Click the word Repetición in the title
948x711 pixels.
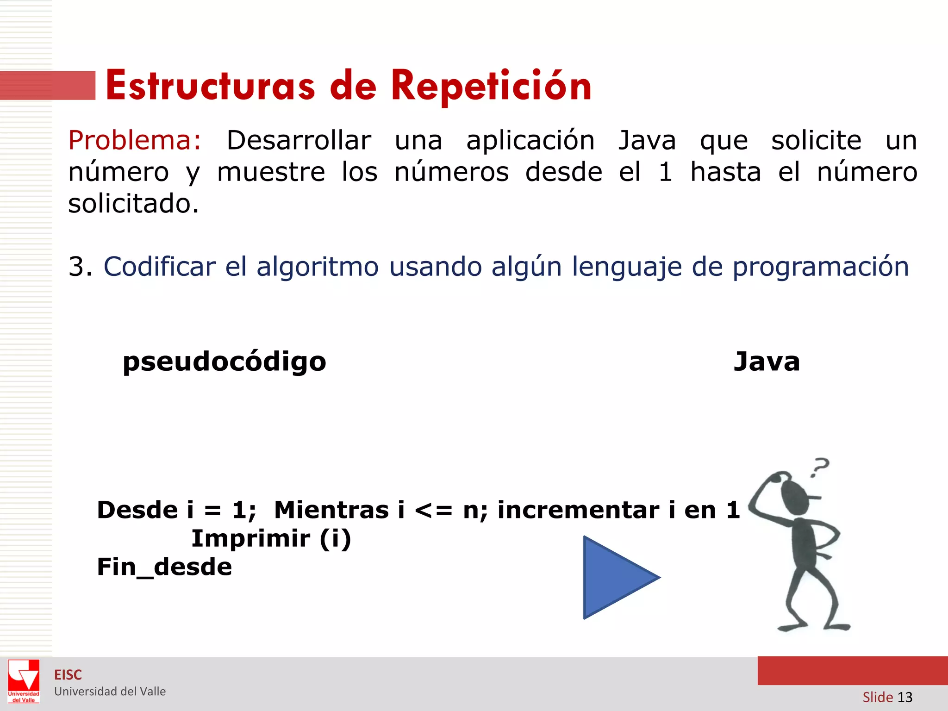coord(491,86)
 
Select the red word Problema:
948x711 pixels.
coord(135,140)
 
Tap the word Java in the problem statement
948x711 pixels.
coord(647,140)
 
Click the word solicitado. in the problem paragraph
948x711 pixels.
coord(134,204)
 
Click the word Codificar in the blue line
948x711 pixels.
coord(160,267)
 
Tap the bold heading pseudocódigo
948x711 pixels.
coord(225,362)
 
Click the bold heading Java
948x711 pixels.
coord(767,362)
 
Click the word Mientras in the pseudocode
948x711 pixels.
coord(331,510)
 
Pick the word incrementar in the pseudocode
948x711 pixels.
coord(578,510)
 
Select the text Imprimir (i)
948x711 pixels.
coord(271,539)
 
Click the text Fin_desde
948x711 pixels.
coord(164,567)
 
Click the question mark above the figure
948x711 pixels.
coord(820,467)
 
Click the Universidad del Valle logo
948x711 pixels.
coord(24,681)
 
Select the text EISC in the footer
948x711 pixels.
coord(68,675)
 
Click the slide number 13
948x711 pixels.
coord(904,697)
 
